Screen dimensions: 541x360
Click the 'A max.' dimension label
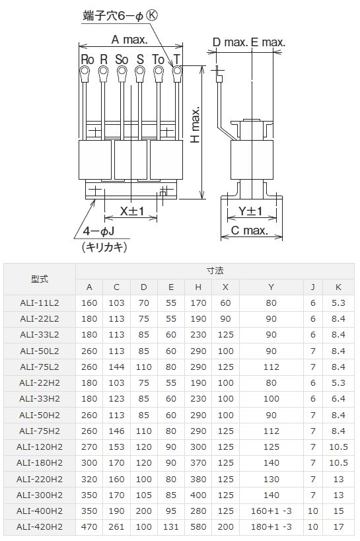click(x=129, y=40)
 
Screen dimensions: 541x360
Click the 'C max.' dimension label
click(x=249, y=231)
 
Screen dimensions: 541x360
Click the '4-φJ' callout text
click(x=99, y=232)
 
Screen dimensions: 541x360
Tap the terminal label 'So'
click(x=122, y=59)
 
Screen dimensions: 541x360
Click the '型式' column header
click(x=40, y=279)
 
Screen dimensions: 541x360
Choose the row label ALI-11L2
click(x=40, y=303)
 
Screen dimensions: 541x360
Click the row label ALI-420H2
click(x=40, y=526)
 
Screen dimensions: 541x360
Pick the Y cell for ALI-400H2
click(x=271, y=511)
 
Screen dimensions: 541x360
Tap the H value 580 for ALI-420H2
click(x=198, y=526)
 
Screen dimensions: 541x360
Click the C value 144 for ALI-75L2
click(x=116, y=367)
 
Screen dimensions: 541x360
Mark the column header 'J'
click(x=312, y=287)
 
